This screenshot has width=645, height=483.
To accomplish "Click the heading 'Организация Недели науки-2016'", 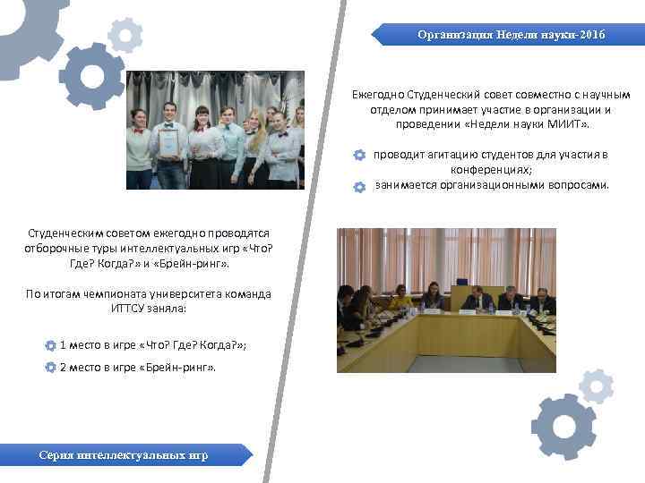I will click(x=511, y=35).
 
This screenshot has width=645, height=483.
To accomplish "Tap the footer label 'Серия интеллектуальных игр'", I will click(x=124, y=455).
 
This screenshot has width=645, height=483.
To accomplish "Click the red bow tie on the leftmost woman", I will click(x=138, y=131).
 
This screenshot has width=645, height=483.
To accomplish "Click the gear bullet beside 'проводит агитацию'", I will click(x=359, y=155).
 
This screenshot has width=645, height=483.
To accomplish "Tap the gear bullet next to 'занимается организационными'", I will click(x=359, y=186).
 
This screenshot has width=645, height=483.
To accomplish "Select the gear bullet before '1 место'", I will click(x=50, y=344).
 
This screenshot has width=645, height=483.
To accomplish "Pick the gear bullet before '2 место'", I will click(x=50, y=368).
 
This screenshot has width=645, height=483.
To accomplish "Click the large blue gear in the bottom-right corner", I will click(x=563, y=426).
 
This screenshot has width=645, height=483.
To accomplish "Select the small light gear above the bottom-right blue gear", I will click(x=596, y=386).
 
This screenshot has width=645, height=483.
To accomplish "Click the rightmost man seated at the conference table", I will click(x=540, y=301).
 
